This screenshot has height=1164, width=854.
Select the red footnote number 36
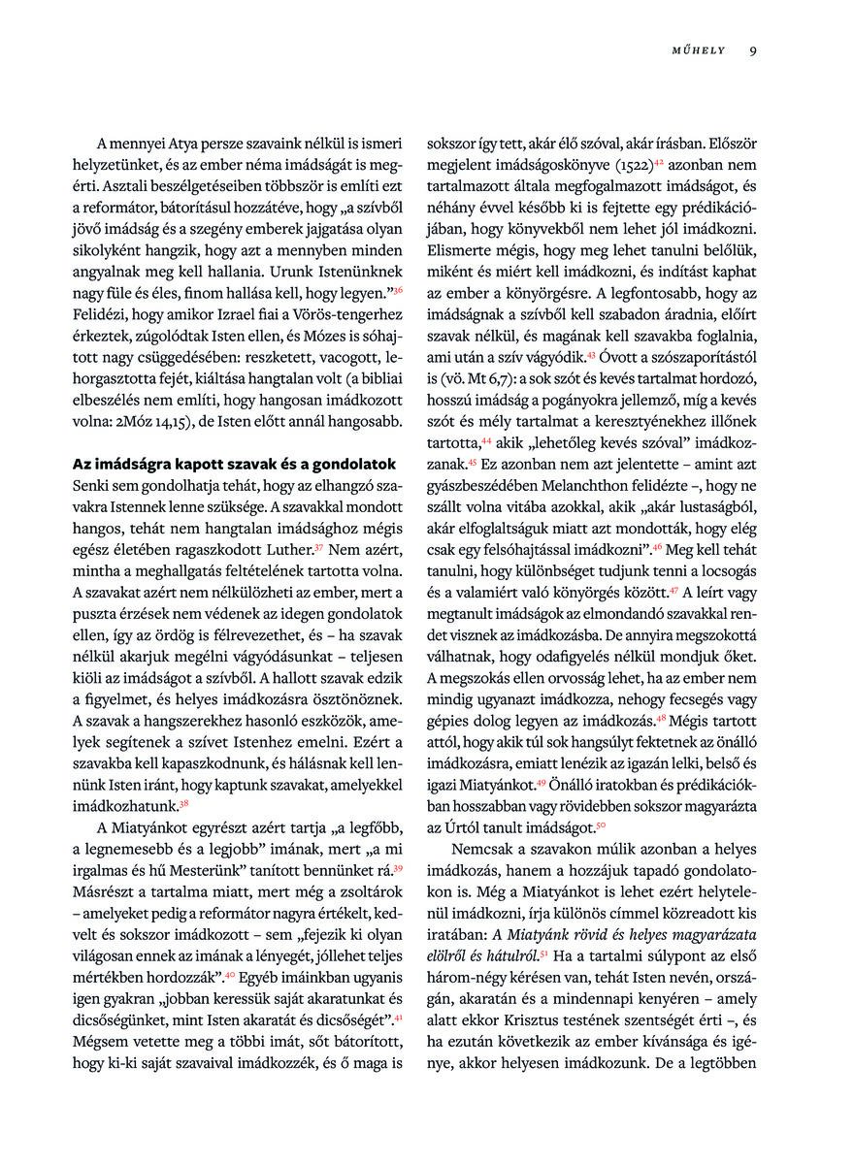pyautogui.click(x=397, y=288)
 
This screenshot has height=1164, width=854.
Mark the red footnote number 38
pyautogui.click(x=183, y=803)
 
